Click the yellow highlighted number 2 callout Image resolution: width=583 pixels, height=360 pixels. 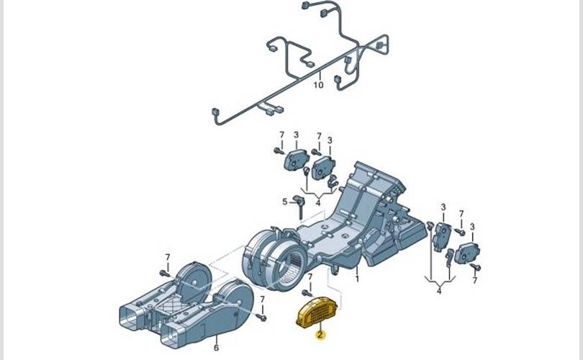320,335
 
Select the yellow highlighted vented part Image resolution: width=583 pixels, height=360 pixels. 317,313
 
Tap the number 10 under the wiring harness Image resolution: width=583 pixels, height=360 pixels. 318,85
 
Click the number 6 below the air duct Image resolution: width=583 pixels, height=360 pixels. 216,348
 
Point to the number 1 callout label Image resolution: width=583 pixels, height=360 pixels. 357,278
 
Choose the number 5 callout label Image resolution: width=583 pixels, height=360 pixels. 285,202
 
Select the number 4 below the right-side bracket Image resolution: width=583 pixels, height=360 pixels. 439,290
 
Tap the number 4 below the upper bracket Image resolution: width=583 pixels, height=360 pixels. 318,203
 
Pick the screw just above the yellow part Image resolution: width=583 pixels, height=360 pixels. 307,293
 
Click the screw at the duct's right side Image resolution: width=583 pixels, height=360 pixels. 262,318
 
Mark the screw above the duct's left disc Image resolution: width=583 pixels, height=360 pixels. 165,274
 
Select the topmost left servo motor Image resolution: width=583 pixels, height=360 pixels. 296,160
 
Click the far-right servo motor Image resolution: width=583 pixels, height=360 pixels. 466,253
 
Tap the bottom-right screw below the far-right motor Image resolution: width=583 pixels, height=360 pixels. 475,266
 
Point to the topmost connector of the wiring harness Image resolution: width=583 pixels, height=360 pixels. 305,5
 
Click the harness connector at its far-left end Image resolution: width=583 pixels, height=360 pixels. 214,111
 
